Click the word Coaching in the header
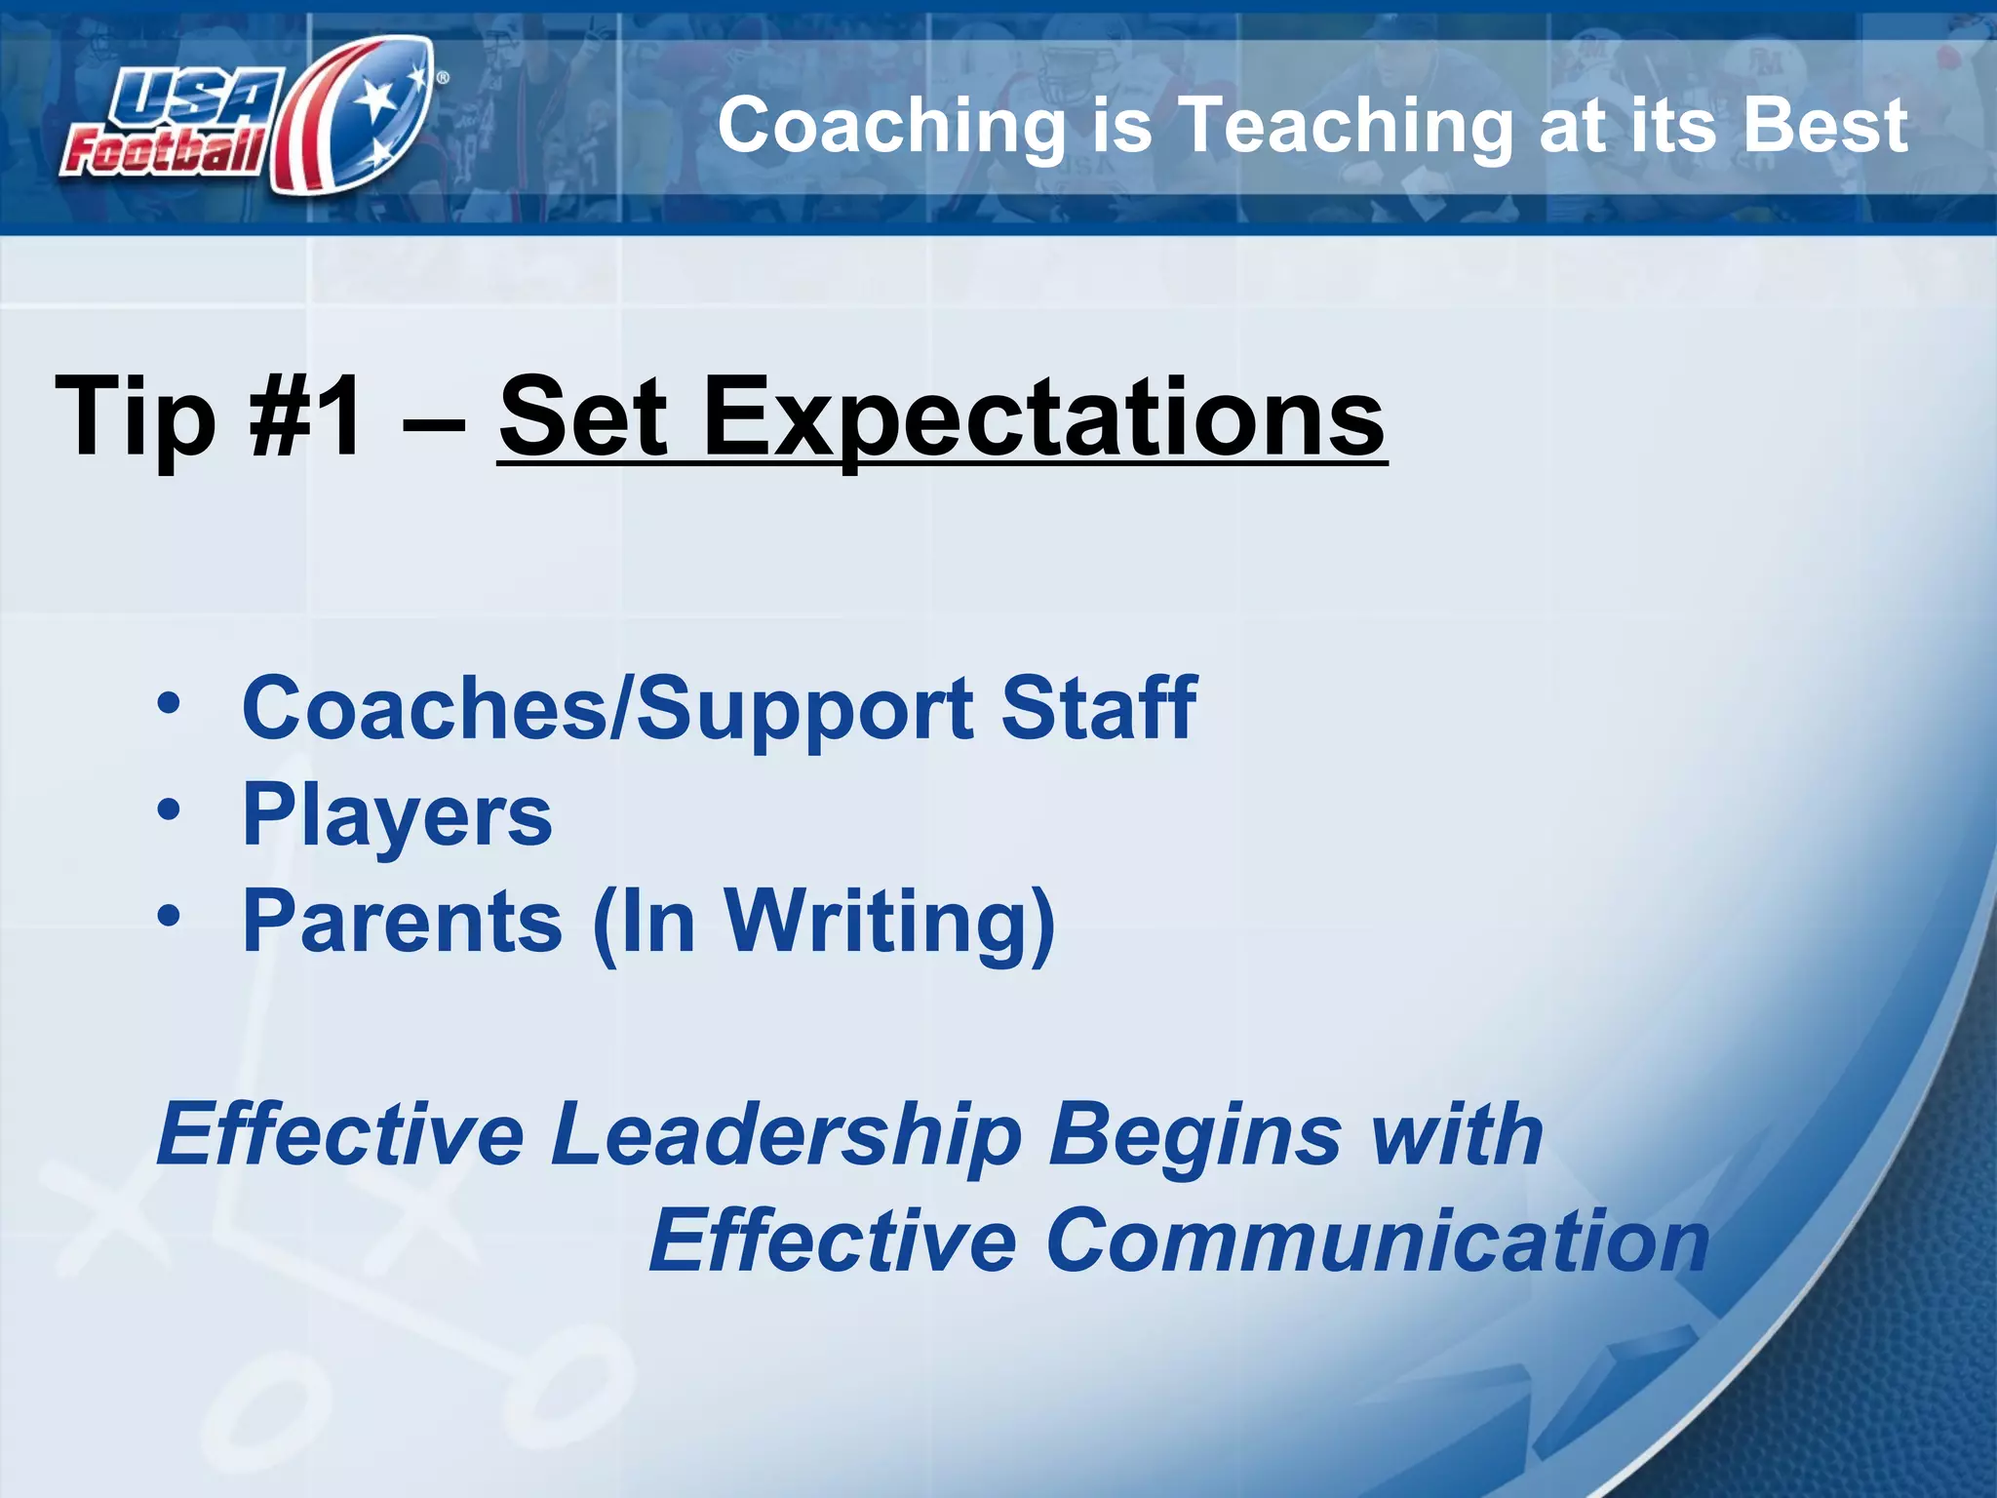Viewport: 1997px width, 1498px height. [891, 127]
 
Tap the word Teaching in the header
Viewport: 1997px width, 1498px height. [1346, 127]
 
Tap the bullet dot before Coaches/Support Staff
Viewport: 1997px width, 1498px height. [169, 704]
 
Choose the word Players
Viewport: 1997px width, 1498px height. [397, 817]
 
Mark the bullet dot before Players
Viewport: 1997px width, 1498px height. [169, 809]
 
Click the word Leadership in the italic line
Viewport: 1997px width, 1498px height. [785, 1135]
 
